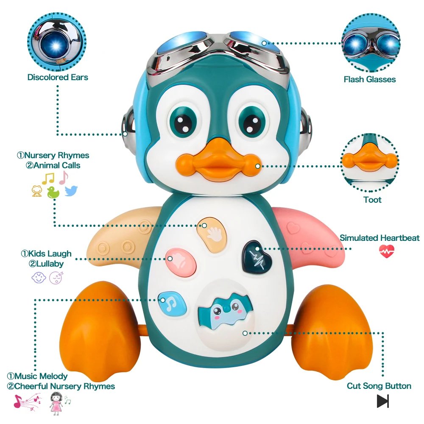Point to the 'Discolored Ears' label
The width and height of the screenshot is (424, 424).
coord(58,77)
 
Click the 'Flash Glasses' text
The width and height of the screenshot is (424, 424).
coord(370,79)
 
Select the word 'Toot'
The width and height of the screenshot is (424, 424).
coord(372,199)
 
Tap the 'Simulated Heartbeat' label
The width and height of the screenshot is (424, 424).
coord(379,238)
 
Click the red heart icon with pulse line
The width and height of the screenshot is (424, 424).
coord(386,251)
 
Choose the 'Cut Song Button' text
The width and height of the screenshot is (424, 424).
coord(379,386)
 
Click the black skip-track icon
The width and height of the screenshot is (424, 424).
coord(383,401)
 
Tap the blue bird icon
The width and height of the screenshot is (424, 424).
coord(72,191)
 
